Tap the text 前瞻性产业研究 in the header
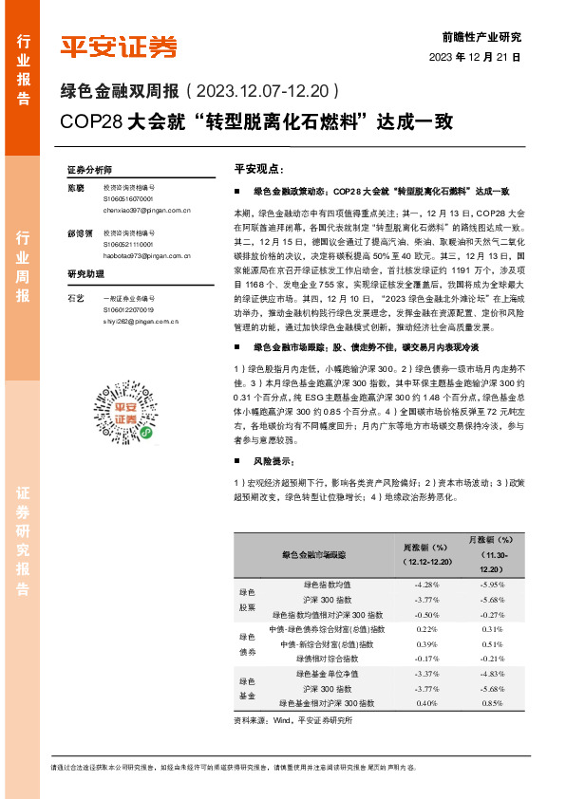481,38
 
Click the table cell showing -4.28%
425,585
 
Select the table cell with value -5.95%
493,585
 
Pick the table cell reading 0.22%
426,629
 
